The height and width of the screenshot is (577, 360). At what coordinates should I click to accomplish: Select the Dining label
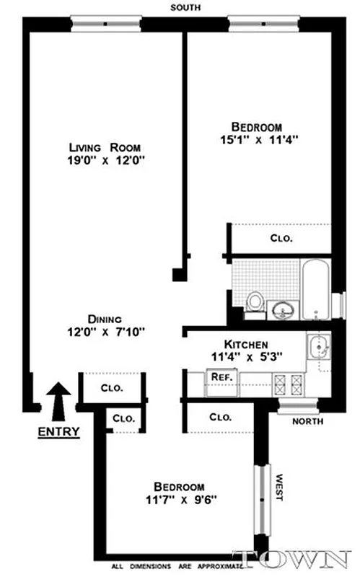point(105,319)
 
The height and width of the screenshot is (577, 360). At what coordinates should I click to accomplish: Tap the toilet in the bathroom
point(253,304)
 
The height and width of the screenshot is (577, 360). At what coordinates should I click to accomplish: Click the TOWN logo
point(298,560)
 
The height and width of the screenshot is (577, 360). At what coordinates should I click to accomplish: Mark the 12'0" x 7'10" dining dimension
point(107,332)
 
